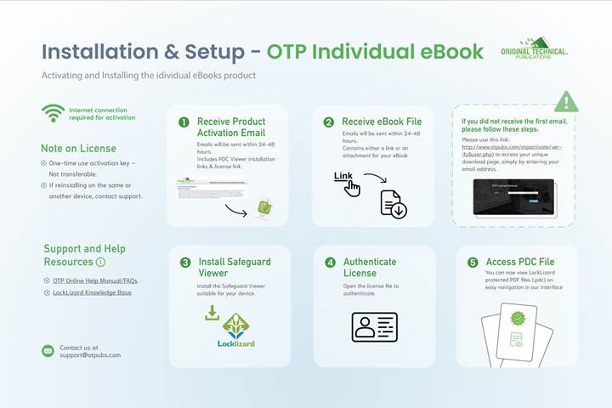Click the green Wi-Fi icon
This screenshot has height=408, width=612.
point(54,113)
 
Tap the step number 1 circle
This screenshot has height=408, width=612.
point(184,122)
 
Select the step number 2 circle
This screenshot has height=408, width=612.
point(329,122)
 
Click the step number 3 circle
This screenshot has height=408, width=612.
point(185,263)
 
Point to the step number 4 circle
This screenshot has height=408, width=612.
point(330,263)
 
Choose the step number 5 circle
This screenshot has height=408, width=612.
point(473,263)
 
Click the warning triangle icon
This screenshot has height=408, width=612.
point(565,103)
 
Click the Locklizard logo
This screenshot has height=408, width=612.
point(235,331)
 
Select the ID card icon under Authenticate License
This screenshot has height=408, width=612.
point(374,326)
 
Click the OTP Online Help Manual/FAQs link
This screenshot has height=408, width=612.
point(89,280)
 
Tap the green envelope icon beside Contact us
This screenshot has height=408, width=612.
point(48,350)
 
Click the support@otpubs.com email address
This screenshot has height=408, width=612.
point(90,355)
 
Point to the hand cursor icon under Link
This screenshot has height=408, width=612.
point(351,188)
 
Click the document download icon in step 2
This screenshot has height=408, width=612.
point(393,203)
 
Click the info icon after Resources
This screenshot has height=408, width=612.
point(101,263)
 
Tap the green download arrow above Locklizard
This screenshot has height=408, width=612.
point(212,313)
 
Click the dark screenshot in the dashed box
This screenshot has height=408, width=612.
point(514,196)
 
